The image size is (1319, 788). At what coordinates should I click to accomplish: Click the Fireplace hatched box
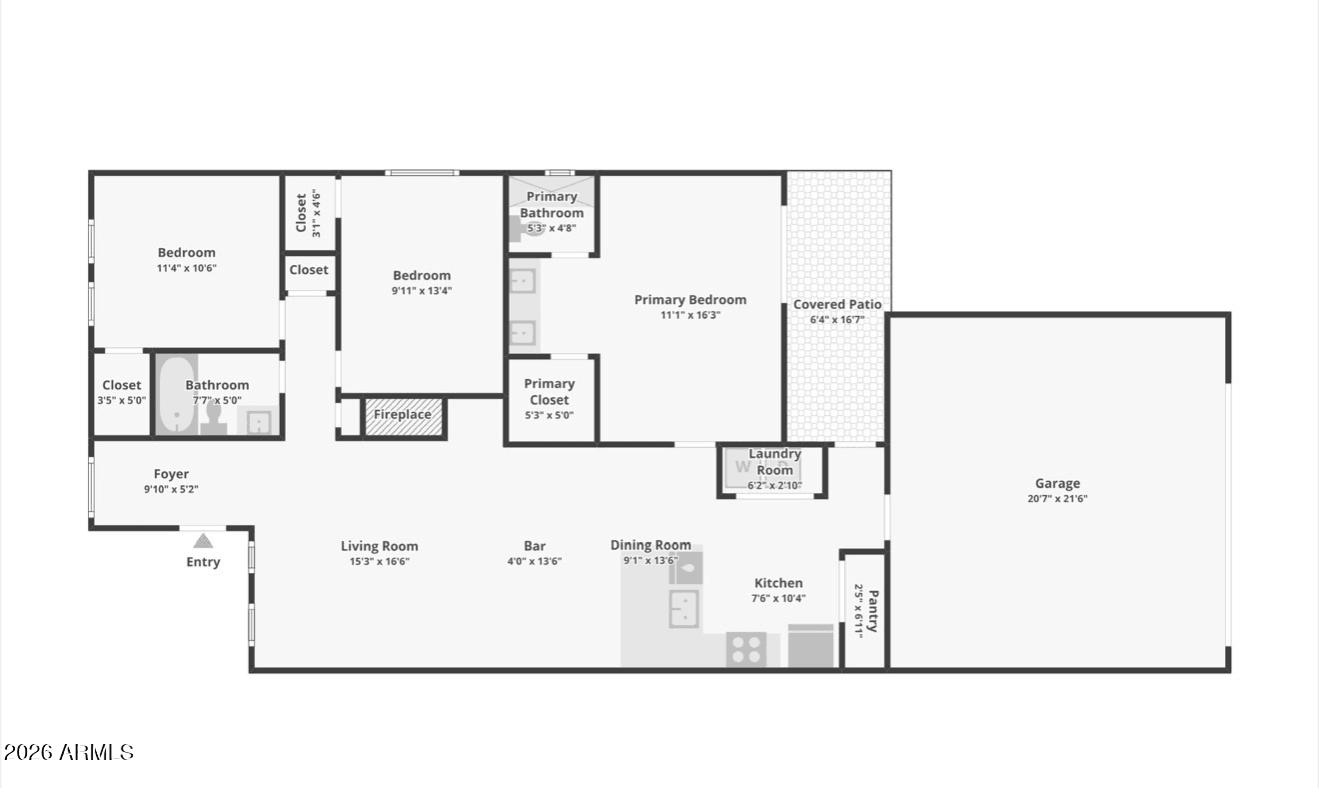(404, 417)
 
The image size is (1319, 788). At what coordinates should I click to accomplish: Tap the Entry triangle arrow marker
(203, 541)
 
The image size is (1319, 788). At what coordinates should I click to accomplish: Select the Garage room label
(1057, 483)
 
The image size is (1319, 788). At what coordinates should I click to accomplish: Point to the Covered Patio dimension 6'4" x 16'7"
(837, 320)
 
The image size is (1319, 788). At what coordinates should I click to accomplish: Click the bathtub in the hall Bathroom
(177, 395)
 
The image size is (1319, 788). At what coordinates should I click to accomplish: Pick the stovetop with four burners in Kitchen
(746, 649)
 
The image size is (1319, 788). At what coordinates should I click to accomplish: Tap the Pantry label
(873, 611)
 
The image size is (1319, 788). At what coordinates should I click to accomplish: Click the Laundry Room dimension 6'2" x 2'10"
(775, 486)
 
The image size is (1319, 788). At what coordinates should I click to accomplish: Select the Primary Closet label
(550, 391)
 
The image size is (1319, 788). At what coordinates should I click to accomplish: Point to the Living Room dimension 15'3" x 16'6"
(380, 562)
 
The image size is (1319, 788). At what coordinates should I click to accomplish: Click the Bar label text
(535, 546)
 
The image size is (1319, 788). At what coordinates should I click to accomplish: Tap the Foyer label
(171, 474)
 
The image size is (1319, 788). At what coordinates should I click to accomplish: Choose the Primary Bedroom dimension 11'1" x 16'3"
(690, 315)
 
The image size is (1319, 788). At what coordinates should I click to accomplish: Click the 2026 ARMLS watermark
(69, 752)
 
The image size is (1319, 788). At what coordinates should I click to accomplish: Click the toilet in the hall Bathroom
(213, 419)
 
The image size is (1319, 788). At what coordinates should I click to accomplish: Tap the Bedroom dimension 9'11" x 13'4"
(422, 291)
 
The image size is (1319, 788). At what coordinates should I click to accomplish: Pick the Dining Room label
(651, 545)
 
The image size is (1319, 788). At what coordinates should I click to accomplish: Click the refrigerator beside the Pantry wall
(810, 646)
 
